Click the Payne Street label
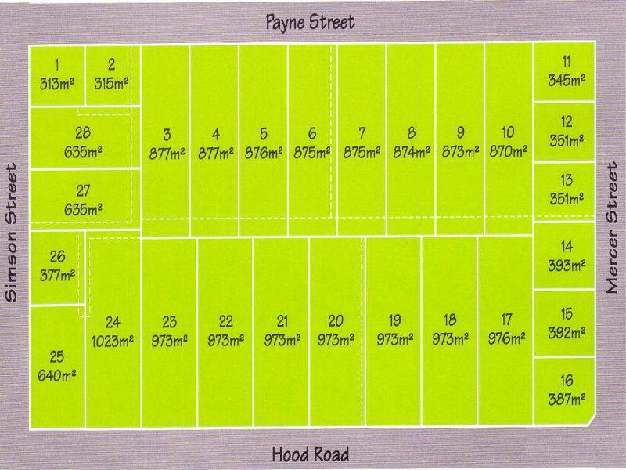311,21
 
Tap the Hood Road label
311,454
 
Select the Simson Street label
12,233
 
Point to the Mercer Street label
613,227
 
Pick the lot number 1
56,64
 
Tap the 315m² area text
111,82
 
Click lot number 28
83,132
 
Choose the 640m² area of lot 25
57,375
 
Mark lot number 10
508,133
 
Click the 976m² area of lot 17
506,339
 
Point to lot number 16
567,381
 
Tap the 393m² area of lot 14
567,266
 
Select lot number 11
567,61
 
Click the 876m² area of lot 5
264,152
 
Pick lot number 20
336,320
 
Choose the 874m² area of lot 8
412,152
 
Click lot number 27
83,190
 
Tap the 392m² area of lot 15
567,332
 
